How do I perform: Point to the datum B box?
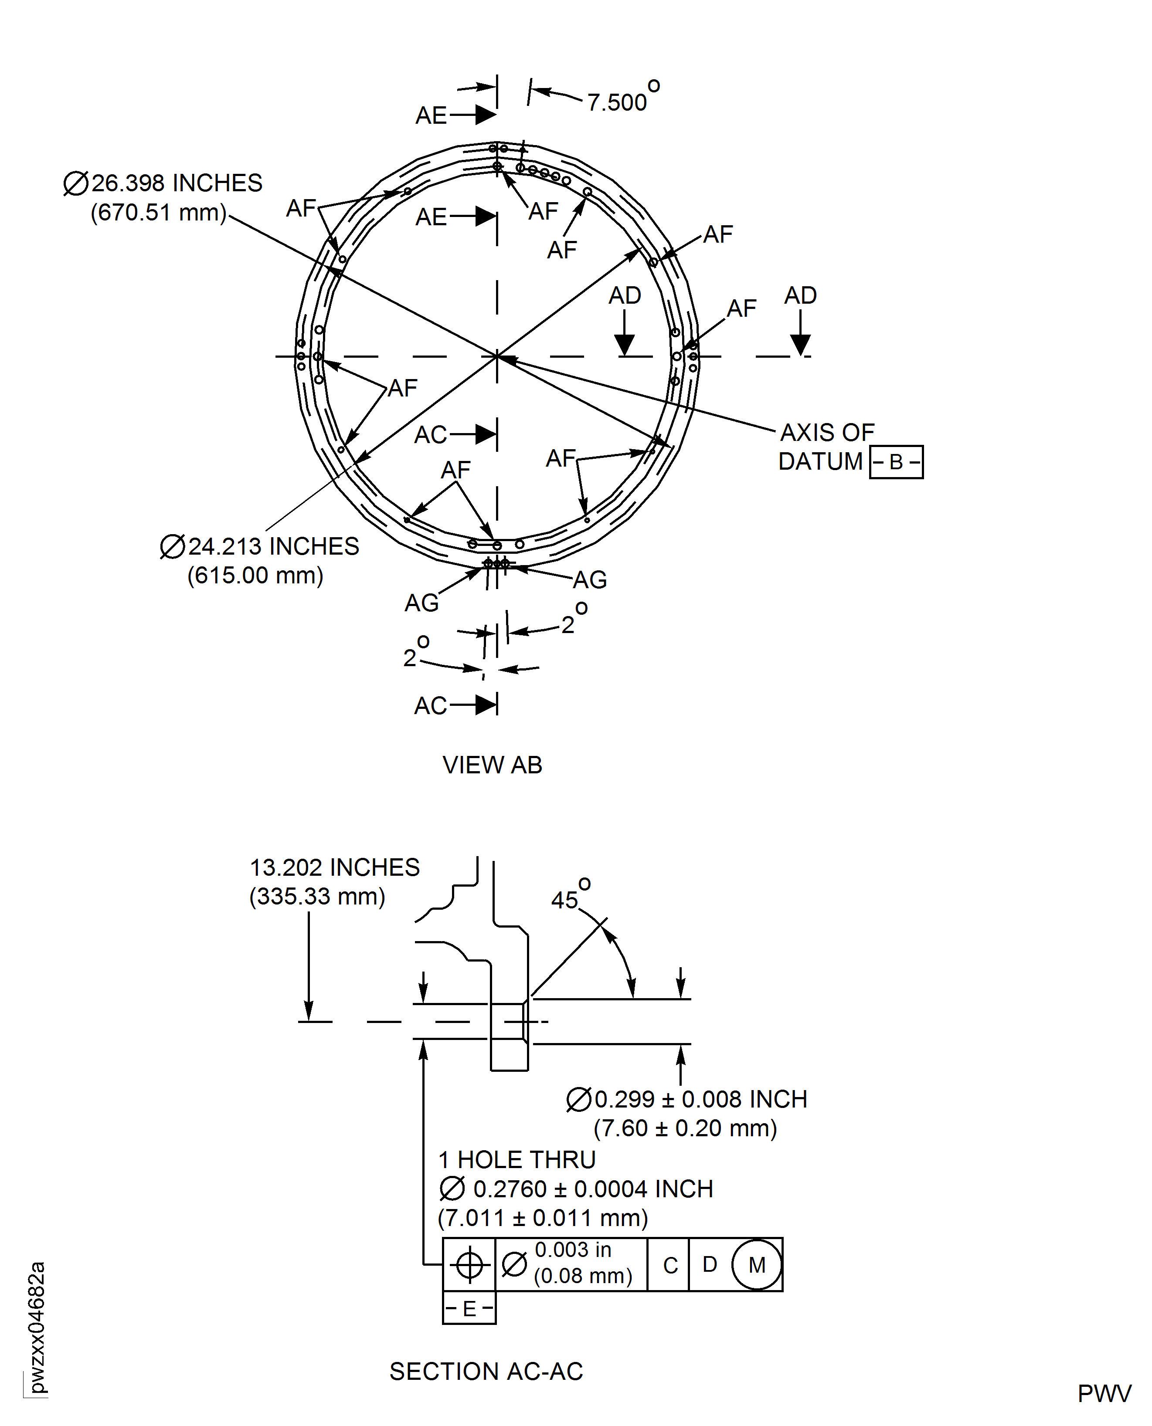[x=896, y=462]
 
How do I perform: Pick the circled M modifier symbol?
[x=757, y=1264]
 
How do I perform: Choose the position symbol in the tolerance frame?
[x=469, y=1264]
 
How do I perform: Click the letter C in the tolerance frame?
[x=670, y=1265]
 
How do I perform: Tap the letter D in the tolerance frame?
[x=710, y=1264]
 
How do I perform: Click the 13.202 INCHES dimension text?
[x=334, y=867]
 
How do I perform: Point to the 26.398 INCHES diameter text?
[x=177, y=183]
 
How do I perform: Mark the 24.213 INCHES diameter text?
[x=273, y=546]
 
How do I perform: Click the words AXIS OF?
[x=827, y=433]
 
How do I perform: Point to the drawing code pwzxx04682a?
[x=37, y=1327]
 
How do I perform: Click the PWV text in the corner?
[x=1104, y=1393]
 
